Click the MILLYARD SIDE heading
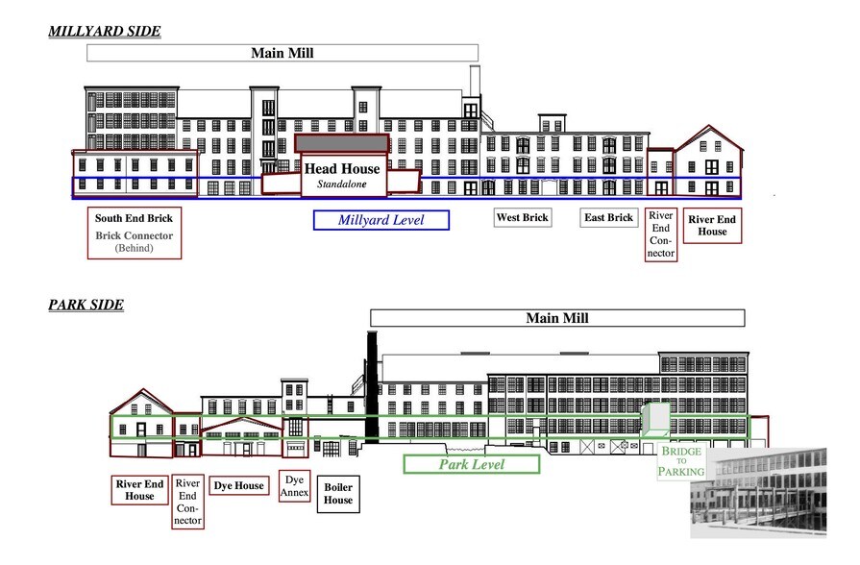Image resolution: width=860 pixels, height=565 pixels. point(105,32)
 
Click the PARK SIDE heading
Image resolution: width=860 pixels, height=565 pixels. point(86,306)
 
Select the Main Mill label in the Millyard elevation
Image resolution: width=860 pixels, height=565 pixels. point(283,53)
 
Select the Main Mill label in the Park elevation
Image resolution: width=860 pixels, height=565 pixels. point(557,318)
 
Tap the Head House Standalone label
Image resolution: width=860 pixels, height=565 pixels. point(342,174)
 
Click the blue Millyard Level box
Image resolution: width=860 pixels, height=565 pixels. point(381,220)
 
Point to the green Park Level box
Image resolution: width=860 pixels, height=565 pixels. point(472,464)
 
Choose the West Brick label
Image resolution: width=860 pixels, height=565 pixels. point(522,218)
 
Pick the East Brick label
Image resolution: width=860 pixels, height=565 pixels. point(609,218)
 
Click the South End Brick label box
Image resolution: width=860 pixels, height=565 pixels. point(134,233)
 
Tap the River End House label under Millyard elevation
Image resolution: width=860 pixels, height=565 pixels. point(712,226)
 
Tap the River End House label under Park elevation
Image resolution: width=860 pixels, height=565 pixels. point(139,489)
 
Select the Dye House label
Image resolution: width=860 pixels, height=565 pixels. point(238,486)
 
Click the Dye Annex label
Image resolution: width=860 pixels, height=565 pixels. point(295,485)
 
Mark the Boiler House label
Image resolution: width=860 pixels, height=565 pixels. point(337,494)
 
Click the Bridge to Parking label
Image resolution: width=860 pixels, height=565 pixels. point(682,462)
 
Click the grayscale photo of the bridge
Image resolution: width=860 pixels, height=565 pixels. point(758,492)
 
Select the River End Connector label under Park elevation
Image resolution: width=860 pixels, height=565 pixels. point(188,502)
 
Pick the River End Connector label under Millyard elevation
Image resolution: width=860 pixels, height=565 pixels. point(660,233)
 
